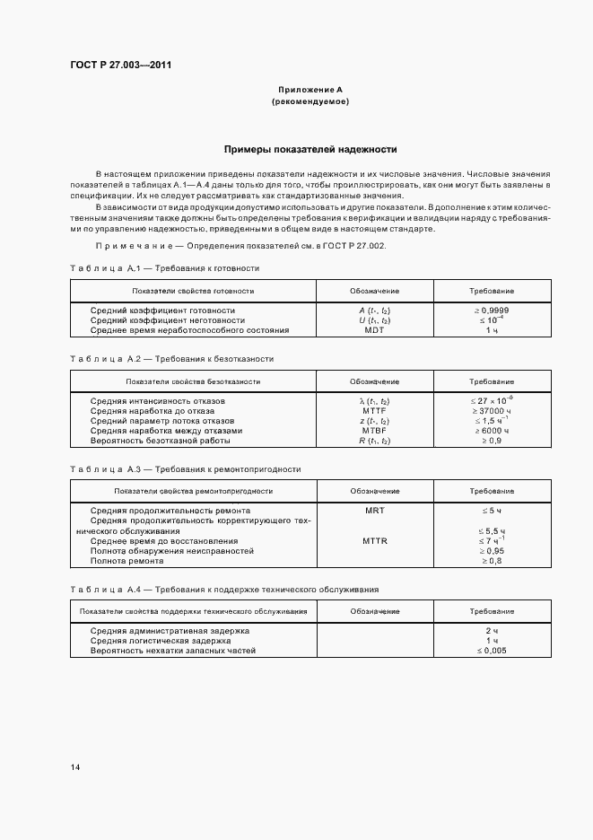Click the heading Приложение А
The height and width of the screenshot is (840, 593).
click(x=310, y=90)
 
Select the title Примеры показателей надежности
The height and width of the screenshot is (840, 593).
click(x=310, y=150)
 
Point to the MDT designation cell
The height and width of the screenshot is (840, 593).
click(x=374, y=330)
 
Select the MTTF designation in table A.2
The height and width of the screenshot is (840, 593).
click(x=374, y=410)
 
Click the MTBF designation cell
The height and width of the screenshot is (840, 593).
click(x=374, y=430)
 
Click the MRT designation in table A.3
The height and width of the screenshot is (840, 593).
click(x=374, y=510)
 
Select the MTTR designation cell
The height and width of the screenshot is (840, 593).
click(x=374, y=541)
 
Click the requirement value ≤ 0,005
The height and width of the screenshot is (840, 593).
click(x=492, y=651)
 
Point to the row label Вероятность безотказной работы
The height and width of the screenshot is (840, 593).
click(x=161, y=441)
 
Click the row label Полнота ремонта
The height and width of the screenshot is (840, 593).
click(x=126, y=561)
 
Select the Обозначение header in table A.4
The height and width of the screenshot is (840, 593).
click(x=374, y=610)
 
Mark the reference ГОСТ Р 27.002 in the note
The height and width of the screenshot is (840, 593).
click(x=352, y=245)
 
